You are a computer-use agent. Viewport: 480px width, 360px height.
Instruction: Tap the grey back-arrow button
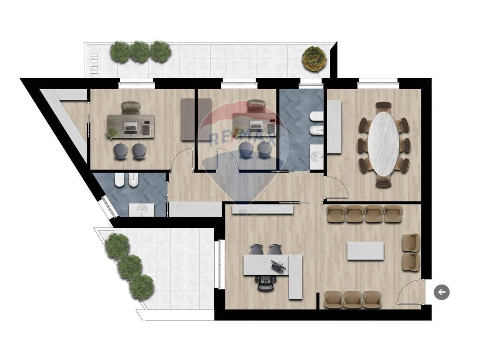[442, 292]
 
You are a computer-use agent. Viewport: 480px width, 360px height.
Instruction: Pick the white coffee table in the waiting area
[365, 251]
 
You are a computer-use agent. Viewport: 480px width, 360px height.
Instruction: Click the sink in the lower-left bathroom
[142, 210]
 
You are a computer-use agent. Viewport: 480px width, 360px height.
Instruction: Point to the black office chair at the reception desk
[267, 283]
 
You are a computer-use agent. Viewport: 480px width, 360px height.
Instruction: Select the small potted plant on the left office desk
[112, 133]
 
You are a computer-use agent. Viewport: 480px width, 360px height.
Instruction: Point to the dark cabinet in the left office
[187, 120]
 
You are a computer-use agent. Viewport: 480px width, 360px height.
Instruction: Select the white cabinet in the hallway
[195, 210]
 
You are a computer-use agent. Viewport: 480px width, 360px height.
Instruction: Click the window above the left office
[135, 83]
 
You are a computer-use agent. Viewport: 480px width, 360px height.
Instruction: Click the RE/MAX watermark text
[242, 139]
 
